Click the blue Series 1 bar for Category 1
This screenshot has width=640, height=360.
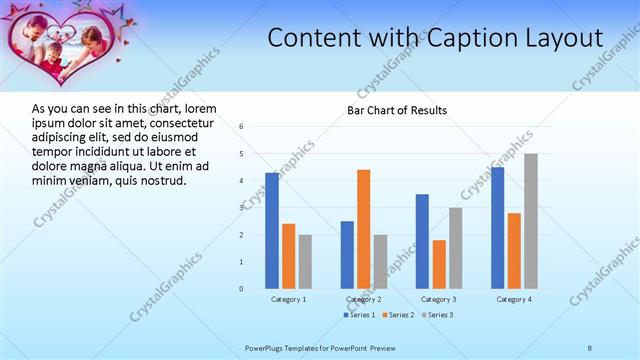click(272, 230)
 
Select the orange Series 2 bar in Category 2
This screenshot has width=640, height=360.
click(363, 229)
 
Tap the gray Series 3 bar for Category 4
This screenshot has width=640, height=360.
click(530, 221)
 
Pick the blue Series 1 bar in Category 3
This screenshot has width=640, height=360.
click(422, 241)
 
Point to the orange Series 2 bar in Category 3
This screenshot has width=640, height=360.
click(439, 264)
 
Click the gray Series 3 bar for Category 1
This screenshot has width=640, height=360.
click(304, 261)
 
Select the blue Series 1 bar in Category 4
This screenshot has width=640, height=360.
click(498, 228)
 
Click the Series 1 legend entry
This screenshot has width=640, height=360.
click(360, 315)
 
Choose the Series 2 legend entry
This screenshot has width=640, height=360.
click(400, 315)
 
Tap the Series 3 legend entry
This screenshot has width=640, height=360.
click(440, 315)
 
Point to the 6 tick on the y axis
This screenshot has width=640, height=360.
click(241, 127)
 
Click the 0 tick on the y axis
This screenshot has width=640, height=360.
click(241, 289)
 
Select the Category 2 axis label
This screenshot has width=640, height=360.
click(363, 299)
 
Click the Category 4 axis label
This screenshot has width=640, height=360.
click(514, 299)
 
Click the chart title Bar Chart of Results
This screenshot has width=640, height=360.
click(397, 110)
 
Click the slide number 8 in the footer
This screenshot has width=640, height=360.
click(590, 347)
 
